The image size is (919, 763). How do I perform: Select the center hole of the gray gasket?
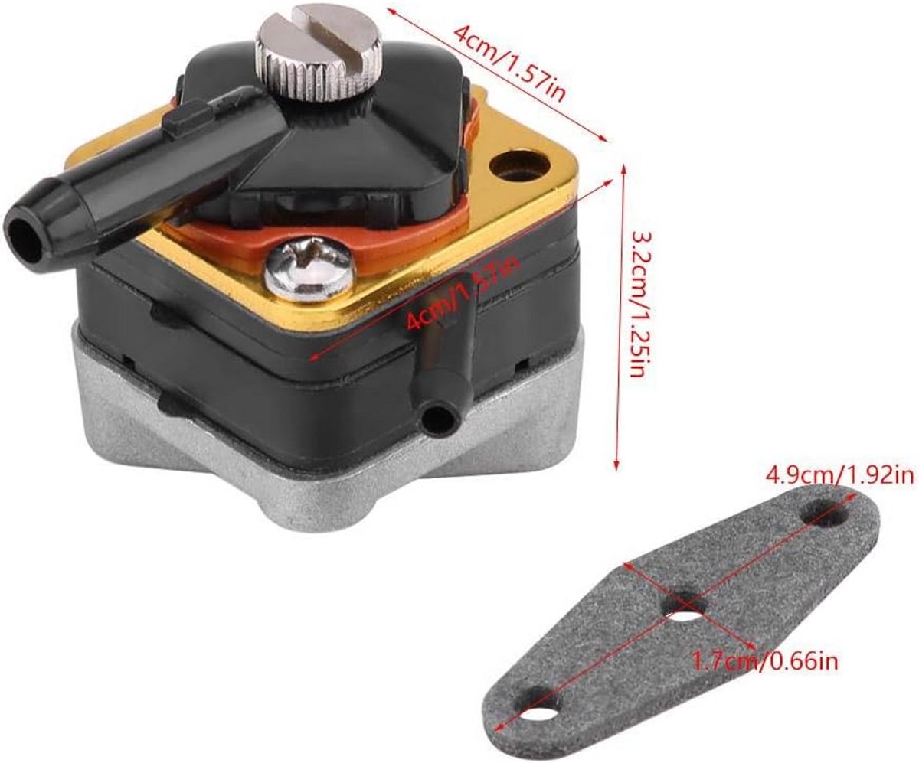685,606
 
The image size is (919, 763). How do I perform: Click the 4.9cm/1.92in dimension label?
839,475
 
